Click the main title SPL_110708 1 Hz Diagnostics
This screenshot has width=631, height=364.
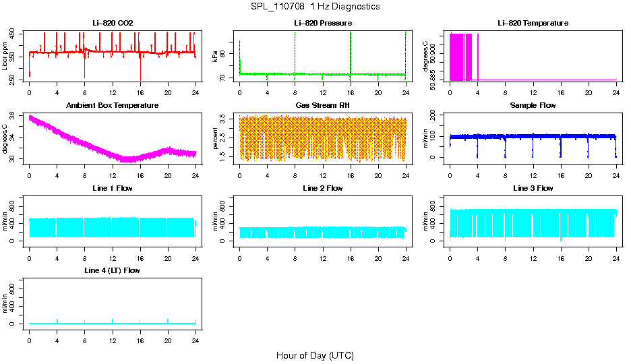point(315,7)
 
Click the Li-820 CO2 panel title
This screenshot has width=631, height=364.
point(113,23)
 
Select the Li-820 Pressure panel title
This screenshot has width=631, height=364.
point(322,23)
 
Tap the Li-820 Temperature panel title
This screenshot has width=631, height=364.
point(533,23)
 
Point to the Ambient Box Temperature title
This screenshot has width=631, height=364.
point(113,105)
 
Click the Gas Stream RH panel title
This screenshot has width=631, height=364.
point(322,105)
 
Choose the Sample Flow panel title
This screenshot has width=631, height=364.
point(533,105)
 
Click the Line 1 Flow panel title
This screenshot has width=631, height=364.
point(113,188)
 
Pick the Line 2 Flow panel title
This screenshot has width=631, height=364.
point(322,188)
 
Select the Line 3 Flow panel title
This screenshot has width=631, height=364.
point(533,188)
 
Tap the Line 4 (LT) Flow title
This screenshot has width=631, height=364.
point(113,270)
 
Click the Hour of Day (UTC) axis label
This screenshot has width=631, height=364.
point(315,355)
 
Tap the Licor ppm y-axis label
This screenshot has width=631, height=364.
point(6,57)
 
